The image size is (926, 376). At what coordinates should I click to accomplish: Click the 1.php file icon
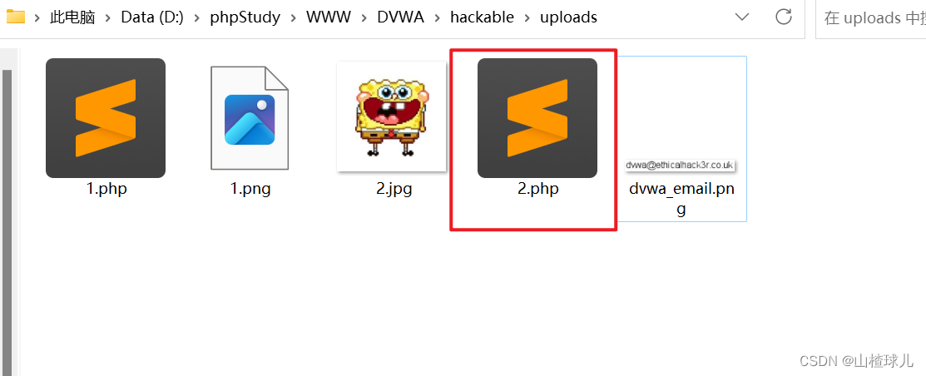click(106, 118)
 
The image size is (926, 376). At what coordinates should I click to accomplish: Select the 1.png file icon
click(250, 118)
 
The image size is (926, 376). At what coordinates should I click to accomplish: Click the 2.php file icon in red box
click(537, 118)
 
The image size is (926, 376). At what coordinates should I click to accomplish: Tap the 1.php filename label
click(106, 189)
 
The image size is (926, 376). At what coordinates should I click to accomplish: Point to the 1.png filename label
click(250, 189)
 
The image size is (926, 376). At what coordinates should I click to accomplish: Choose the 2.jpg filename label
click(394, 189)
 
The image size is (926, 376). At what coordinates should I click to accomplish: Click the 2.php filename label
click(538, 189)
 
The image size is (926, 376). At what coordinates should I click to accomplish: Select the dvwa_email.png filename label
click(681, 198)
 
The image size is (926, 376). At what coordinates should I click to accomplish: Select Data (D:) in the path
click(154, 17)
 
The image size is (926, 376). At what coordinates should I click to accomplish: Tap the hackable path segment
click(482, 17)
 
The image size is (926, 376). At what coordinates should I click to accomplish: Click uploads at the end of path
click(568, 17)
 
